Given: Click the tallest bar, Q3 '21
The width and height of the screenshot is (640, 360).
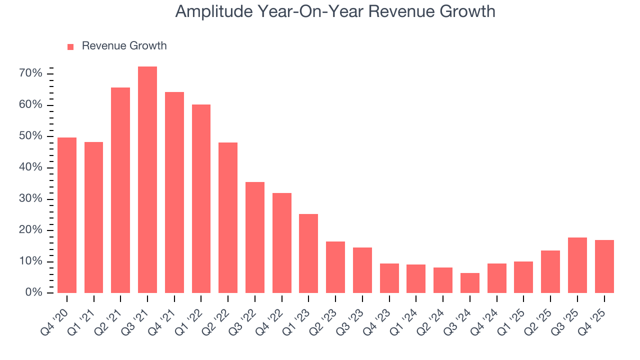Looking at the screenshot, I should (x=147, y=180).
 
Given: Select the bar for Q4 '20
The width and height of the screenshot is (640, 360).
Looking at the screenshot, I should (x=67, y=215).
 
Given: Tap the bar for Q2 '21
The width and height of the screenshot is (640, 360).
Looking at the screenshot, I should (x=120, y=190).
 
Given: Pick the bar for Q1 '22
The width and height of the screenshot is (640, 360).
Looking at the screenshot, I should (x=201, y=198).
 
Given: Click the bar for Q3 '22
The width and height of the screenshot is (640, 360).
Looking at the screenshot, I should (x=255, y=237).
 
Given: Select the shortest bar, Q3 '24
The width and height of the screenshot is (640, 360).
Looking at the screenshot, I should (x=470, y=283).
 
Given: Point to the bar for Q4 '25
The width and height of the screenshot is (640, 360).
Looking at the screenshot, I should (x=604, y=266).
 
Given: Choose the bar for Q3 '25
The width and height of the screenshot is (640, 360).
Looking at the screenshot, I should (x=577, y=265).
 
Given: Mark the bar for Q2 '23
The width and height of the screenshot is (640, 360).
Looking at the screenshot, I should (x=335, y=267).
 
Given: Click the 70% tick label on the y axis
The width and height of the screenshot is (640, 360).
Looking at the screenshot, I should (x=30, y=74).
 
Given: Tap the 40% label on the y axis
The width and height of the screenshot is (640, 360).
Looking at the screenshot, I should (x=30, y=167).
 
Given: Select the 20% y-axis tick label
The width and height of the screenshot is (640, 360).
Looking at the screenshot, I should (x=30, y=230).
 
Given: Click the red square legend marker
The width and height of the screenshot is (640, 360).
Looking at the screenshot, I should (x=70, y=46).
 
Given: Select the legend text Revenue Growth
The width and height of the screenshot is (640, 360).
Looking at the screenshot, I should (x=124, y=46).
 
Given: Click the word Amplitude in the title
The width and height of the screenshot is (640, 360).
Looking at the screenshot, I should (x=213, y=11).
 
